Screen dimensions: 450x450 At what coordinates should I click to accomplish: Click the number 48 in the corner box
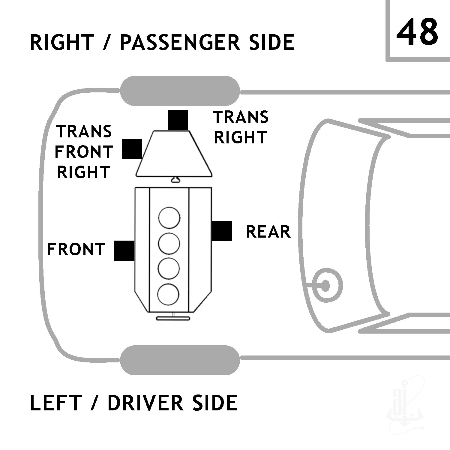[417, 32]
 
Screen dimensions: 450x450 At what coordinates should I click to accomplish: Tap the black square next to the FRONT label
[124, 250]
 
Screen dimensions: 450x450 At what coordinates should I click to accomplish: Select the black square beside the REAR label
[222, 231]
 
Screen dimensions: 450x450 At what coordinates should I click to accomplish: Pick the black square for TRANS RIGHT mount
[178, 120]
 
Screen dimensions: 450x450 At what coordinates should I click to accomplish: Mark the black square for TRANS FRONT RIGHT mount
[132, 149]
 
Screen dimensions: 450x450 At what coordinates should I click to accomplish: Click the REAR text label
[268, 232]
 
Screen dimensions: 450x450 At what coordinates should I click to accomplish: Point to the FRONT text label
[76, 250]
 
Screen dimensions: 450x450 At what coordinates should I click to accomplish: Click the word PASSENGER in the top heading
[180, 42]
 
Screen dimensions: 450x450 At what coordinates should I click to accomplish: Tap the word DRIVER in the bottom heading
[145, 403]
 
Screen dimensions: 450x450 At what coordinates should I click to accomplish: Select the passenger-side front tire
[180, 91]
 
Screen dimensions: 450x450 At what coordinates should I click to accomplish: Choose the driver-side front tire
[180, 360]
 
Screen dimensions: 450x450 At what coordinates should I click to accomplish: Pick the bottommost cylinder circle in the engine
[168, 294]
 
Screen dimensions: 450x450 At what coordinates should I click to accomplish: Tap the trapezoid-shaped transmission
[174, 153]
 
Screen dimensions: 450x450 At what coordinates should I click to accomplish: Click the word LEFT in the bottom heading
[56, 403]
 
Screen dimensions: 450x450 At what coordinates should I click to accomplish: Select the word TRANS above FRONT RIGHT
[84, 132]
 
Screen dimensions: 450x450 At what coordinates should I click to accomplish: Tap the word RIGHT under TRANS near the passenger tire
[241, 137]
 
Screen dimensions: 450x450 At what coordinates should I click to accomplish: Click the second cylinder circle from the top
[169, 243]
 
